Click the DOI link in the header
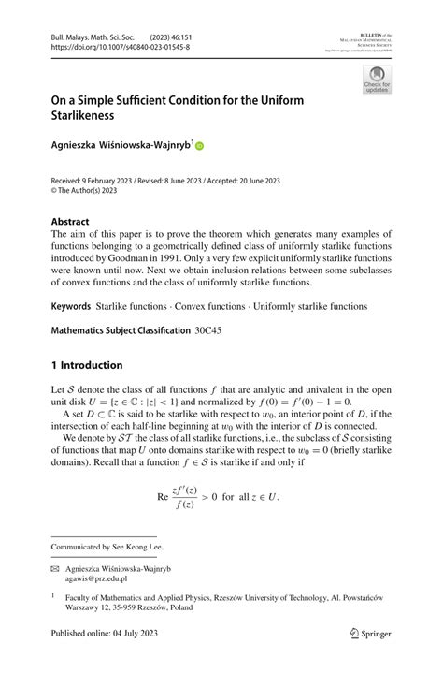point(120,46)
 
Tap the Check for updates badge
point(377,80)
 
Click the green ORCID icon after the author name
point(198,146)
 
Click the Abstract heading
point(72,222)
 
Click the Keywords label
point(71,306)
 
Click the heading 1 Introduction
point(86,365)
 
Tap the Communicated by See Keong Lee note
point(107,546)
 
